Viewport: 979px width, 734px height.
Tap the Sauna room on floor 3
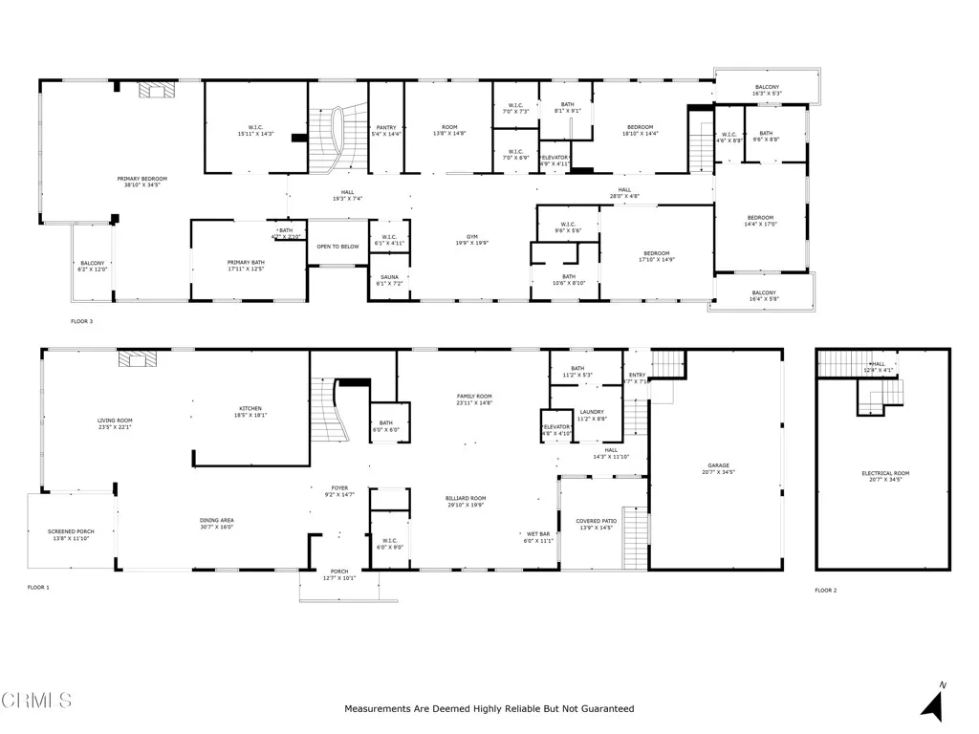coord(389,279)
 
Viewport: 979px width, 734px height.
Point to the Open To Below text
coord(338,246)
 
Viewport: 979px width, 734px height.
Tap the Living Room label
coord(114,422)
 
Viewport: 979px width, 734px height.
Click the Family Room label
coord(473,399)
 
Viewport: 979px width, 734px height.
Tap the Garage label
coord(718,468)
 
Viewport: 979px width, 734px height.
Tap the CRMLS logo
coord(36,701)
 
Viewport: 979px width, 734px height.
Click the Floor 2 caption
coord(825,591)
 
